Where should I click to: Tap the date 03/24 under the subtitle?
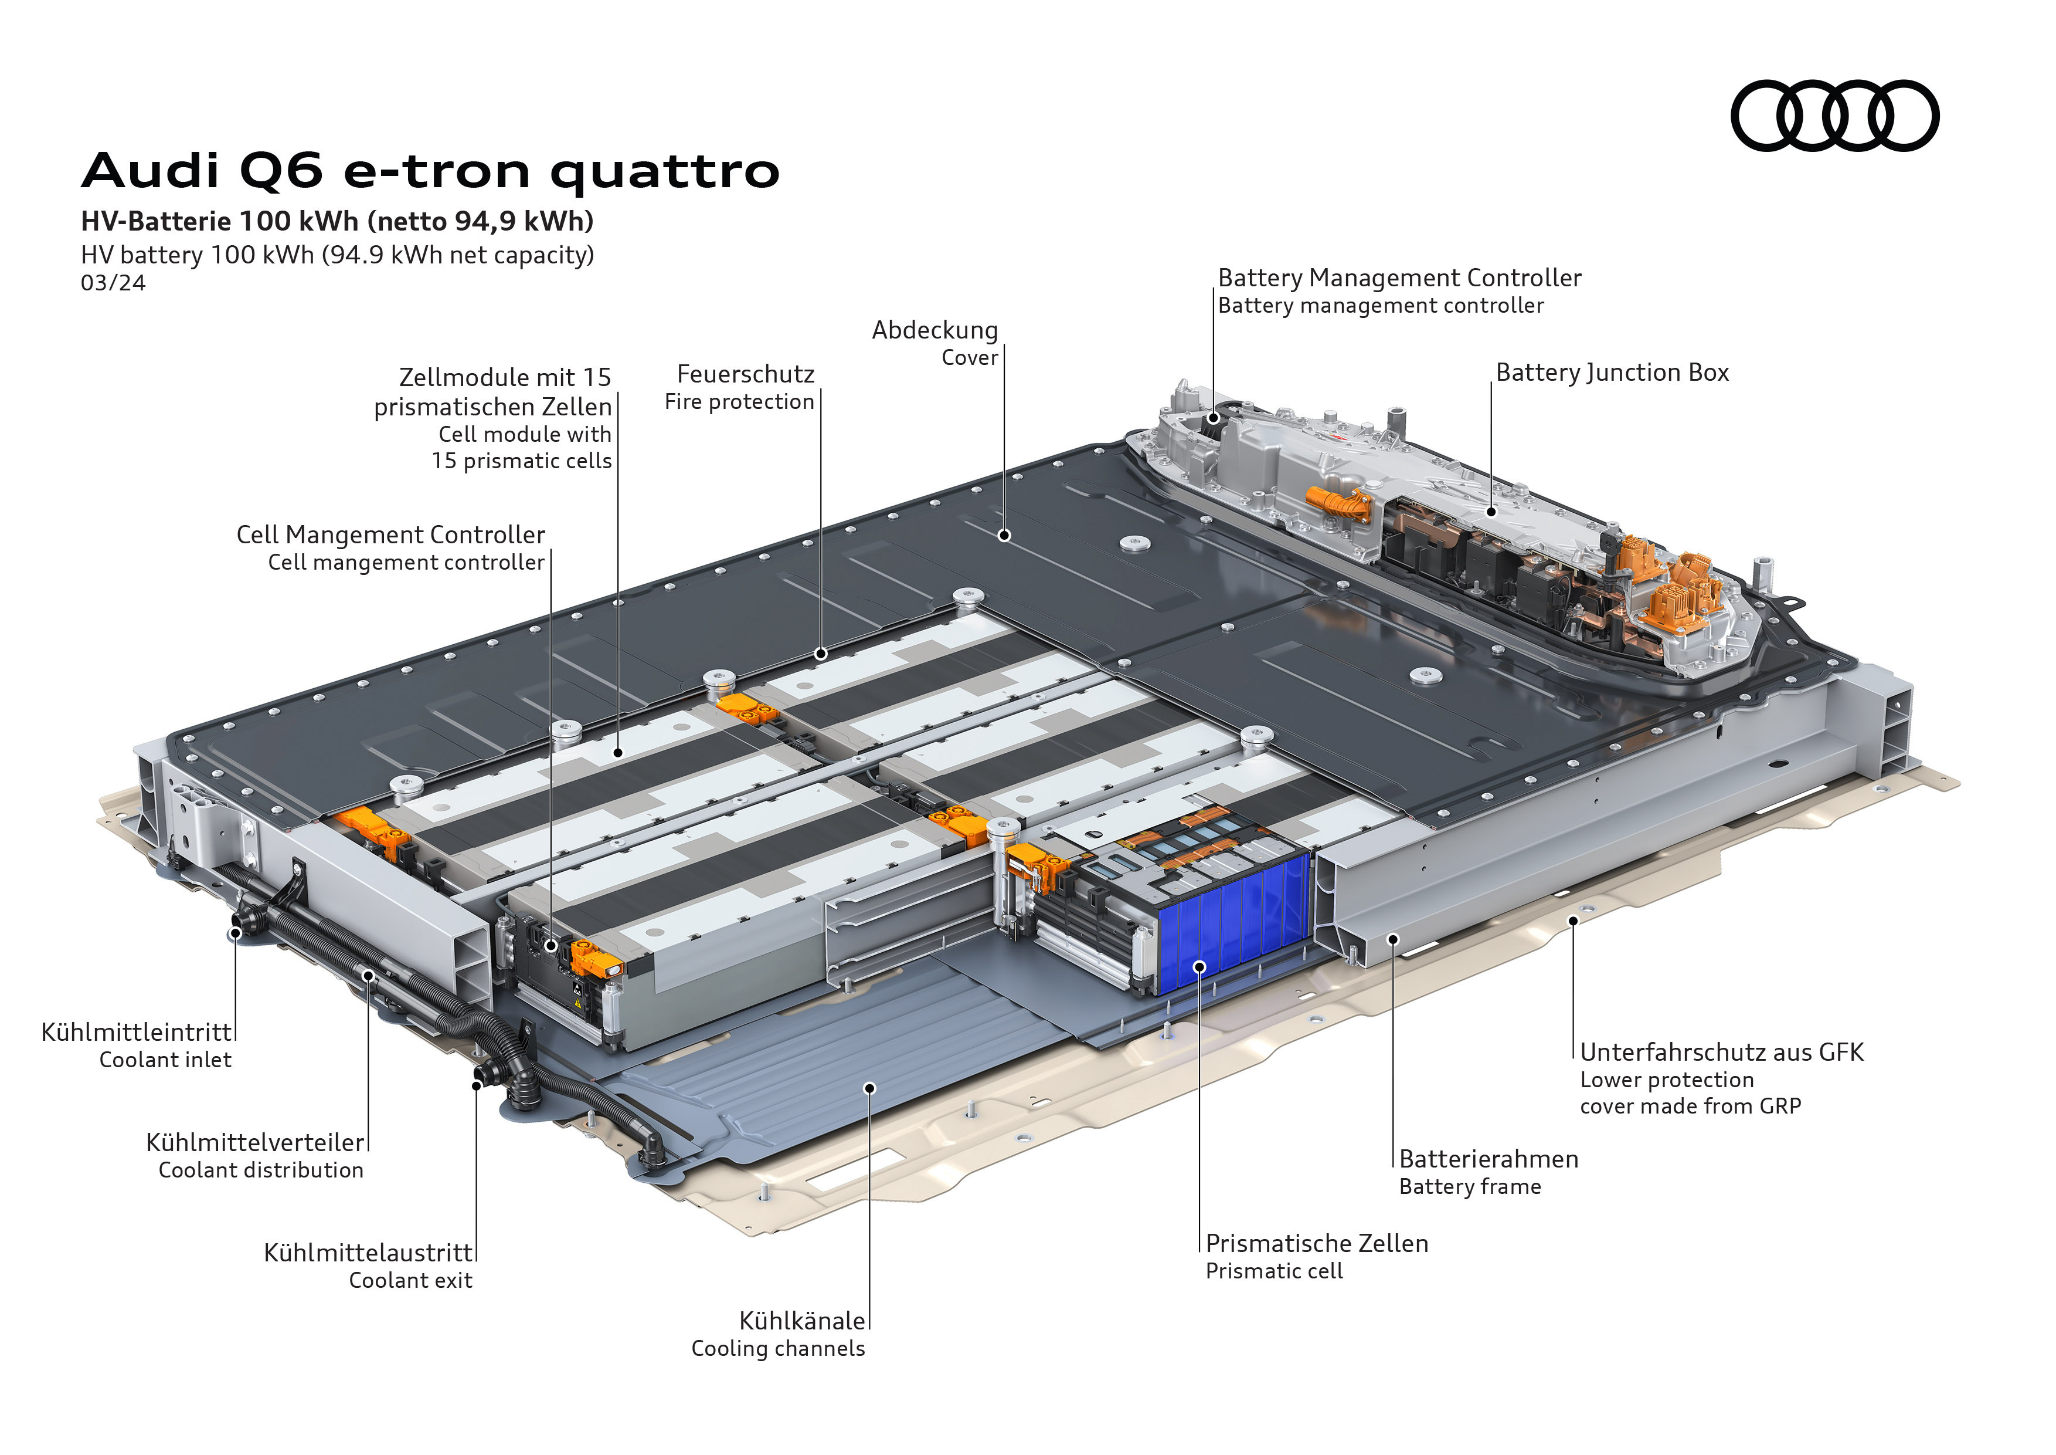113,283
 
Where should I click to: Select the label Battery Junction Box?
1612,373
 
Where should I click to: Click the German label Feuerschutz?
746,374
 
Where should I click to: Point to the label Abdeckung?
935,330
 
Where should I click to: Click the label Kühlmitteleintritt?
136,1032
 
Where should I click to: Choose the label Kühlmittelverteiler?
255,1142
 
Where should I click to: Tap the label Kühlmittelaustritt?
368,1253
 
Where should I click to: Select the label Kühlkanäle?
803,1321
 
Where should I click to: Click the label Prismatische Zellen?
1316,1244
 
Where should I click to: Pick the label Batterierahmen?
1489,1159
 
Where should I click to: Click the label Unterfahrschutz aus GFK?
1721,1052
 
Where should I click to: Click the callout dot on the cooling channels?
869,1088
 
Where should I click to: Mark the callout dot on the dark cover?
1005,536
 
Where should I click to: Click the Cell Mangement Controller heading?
390,535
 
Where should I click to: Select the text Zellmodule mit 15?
505,377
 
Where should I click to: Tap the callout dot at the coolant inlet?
235,933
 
